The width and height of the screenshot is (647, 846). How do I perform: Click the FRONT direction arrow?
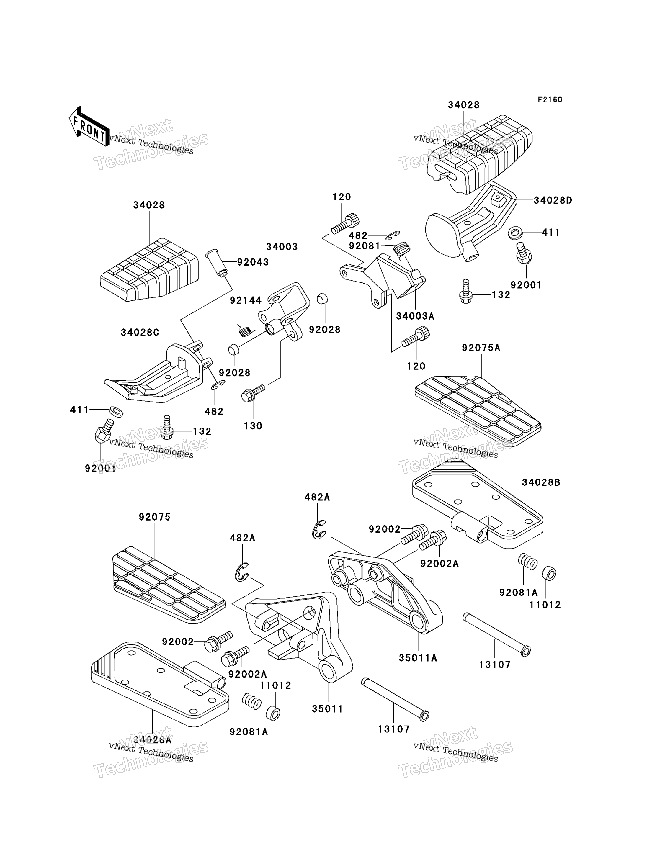coord(89,126)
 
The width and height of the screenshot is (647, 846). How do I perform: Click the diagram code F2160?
coord(550,100)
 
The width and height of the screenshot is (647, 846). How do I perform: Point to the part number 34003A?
coord(415,316)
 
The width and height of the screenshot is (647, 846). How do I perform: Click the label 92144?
coord(246,300)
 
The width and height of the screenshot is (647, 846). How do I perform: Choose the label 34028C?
coord(140,332)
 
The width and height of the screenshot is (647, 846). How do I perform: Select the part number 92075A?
coord(481,348)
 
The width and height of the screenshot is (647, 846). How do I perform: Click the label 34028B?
coord(541,482)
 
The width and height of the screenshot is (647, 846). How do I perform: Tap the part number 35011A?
coord(418,658)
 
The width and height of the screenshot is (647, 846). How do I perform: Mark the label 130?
coord(253,426)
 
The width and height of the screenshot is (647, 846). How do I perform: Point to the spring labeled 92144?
coord(246,330)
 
